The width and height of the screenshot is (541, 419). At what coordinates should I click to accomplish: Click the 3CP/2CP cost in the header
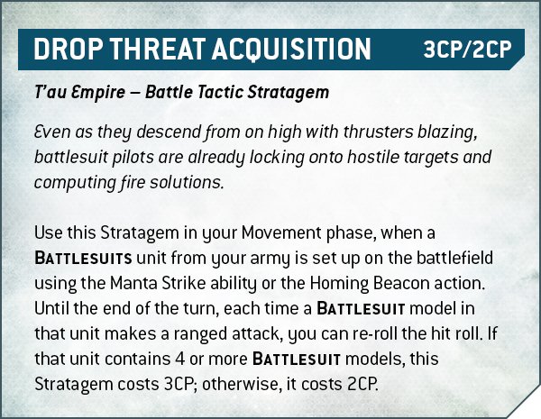click(x=467, y=50)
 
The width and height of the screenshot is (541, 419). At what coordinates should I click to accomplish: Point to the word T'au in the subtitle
click(x=48, y=93)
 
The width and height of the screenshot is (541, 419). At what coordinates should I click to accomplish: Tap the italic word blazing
click(x=448, y=133)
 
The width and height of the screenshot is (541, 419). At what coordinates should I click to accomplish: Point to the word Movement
click(x=280, y=232)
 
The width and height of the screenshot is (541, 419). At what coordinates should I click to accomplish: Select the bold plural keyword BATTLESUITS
click(x=83, y=259)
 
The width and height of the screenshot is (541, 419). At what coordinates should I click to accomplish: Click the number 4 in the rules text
click(x=176, y=360)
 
